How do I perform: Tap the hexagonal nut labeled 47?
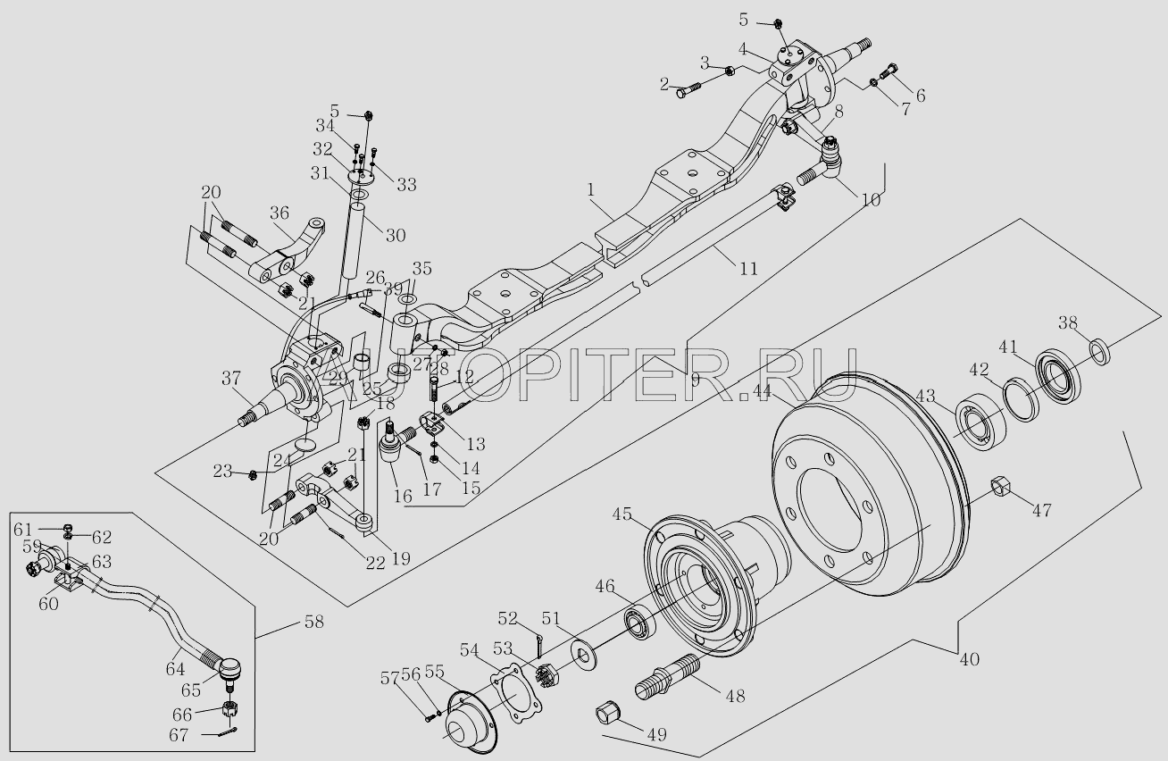pyautogui.click(x=1000, y=487)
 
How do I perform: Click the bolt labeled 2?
pyautogui.click(x=685, y=90)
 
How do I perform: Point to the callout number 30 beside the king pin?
pyautogui.click(x=395, y=236)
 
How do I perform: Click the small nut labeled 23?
pyautogui.click(x=253, y=472)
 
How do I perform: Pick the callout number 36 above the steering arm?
pyautogui.click(x=279, y=214)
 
